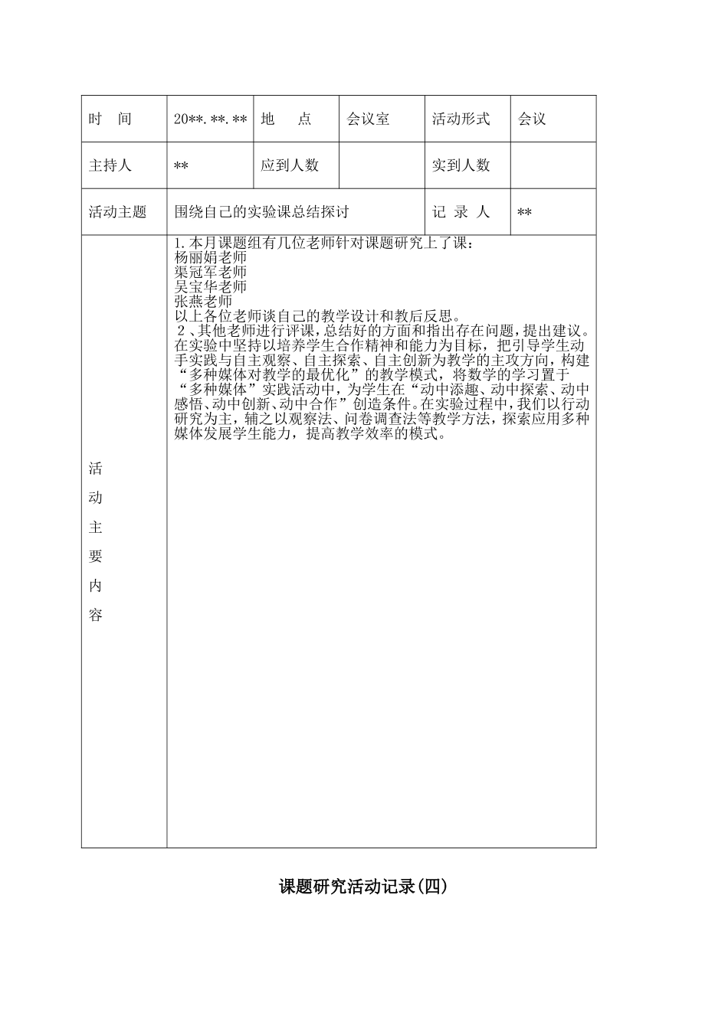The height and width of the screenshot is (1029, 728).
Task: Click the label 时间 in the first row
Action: [110, 119]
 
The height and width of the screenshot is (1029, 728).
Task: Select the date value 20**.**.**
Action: [210, 119]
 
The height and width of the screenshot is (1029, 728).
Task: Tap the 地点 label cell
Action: [286, 119]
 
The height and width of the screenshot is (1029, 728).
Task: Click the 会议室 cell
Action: [368, 119]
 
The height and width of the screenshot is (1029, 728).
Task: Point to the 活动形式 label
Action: [461, 119]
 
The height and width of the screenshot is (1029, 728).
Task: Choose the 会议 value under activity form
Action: [532, 119]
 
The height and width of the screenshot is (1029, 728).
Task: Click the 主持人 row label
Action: [110, 165]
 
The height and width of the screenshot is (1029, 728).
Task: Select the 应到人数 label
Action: [290, 165]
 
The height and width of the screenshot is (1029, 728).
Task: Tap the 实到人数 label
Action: [461, 165]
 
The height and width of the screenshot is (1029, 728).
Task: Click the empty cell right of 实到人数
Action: [553, 165]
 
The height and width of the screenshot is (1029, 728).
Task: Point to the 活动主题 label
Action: [117, 212]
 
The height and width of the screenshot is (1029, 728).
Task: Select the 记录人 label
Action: [461, 212]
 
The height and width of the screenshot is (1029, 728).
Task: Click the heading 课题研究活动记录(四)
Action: [362, 887]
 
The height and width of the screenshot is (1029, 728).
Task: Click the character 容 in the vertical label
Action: [96, 616]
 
